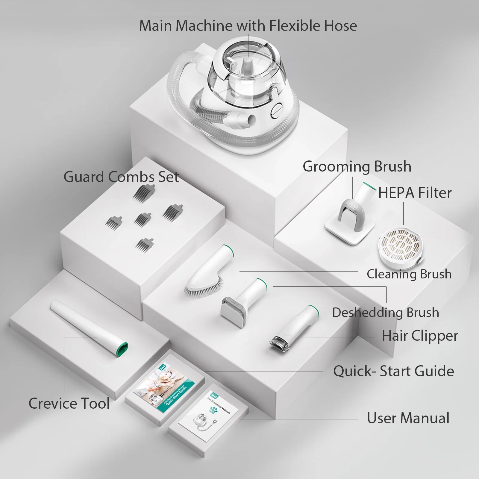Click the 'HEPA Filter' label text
[415, 192]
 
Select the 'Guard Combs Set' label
[121, 177]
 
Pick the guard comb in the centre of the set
[143, 219]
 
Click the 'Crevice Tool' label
[69, 403]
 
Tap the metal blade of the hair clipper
[277, 342]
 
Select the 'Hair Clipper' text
[420, 336]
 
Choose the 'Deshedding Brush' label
[386, 313]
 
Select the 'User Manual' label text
[408, 418]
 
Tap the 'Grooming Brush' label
[357, 166]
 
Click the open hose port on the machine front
[250, 119]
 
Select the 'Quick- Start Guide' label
[393, 371]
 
